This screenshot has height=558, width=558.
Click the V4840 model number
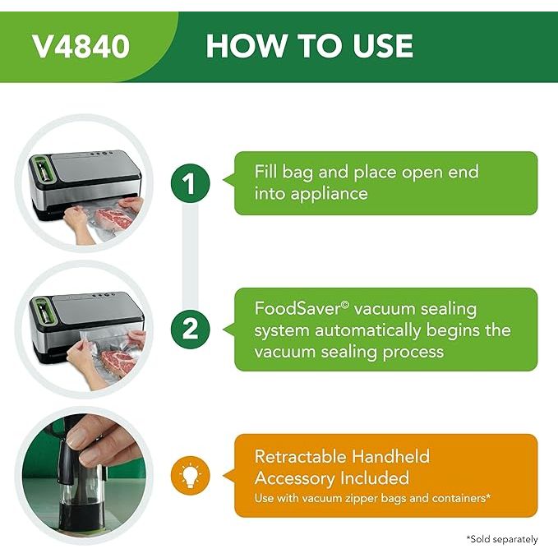[x=81, y=46]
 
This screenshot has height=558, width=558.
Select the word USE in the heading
[x=383, y=45]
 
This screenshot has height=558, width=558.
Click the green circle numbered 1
[x=191, y=183]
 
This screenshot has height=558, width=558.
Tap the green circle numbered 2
[x=191, y=330]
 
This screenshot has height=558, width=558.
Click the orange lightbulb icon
[x=191, y=476]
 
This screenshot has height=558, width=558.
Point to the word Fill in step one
[x=265, y=172]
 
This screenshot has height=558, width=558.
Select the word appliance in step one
[x=329, y=195]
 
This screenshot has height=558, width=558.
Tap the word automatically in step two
[x=367, y=331]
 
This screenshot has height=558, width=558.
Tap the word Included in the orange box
[x=375, y=478]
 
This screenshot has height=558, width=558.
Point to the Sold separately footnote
[x=502, y=539]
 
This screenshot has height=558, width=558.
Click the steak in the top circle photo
[x=114, y=218]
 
